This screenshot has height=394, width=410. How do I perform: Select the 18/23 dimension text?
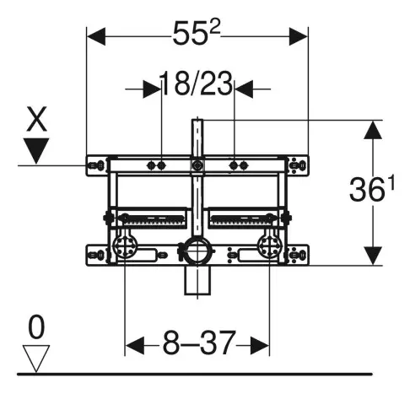[x=197, y=84]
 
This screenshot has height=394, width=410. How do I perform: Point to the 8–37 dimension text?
[x=198, y=343]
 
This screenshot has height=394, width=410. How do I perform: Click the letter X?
[x=36, y=119]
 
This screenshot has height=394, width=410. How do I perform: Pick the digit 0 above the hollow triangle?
[x=36, y=327]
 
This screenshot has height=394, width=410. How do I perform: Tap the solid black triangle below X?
[x=36, y=151]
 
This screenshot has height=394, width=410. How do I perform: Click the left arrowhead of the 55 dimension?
[x=96, y=36]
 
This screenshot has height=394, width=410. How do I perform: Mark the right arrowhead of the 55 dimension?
[x=299, y=36]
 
